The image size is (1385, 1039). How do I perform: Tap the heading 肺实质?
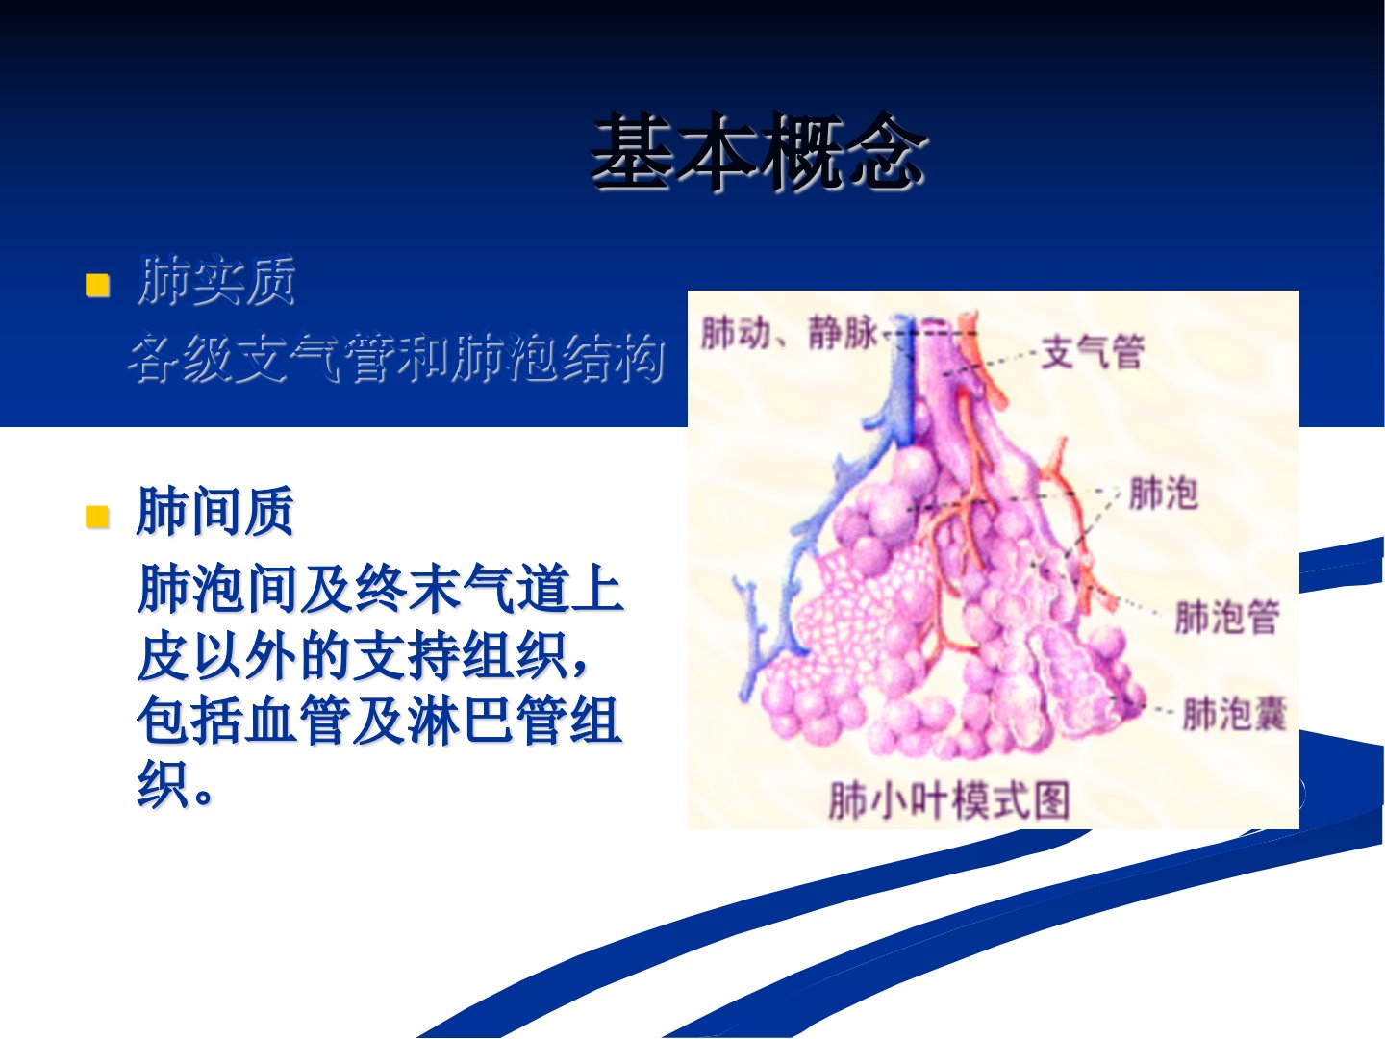216,281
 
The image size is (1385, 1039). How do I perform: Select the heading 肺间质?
215,511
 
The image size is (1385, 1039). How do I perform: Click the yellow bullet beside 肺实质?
97,285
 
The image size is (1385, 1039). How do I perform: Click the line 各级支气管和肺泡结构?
397,358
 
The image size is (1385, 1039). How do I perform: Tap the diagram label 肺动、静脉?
790,333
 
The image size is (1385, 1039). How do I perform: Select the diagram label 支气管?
1093,351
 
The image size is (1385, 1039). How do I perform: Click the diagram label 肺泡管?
1227,617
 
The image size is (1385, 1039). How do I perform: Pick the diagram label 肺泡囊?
1234,714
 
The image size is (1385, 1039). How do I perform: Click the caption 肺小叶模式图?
949,799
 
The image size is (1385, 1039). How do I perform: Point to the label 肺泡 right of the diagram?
1163,493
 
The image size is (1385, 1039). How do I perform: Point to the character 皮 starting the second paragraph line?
163,656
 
